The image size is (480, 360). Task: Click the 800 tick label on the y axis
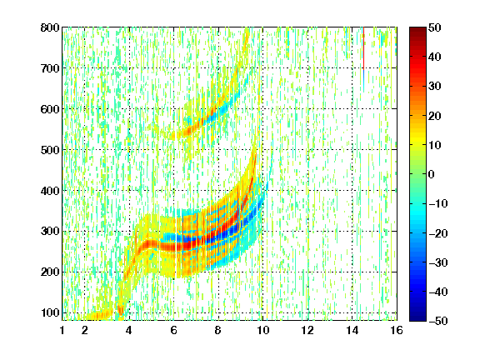pyautogui.click(x=50, y=27)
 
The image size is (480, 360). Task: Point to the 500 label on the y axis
pyautogui.click(x=50, y=150)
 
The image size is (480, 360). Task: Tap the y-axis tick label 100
pyautogui.click(x=50, y=312)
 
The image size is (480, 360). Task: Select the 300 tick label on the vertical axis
pyautogui.click(x=50, y=232)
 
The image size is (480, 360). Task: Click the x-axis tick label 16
pyautogui.click(x=397, y=330)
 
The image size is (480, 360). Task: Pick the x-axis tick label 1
pyautogui.click(x=62, y=330)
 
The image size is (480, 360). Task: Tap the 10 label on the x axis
pyautogui.click(x=262, y=330)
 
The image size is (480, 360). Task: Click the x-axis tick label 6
pyautogui.click(x=173, y=330)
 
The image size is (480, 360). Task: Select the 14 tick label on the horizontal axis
pyautogui.click(x=352, y=330)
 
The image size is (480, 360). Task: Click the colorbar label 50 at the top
pyautogui.click(x=435, y=27)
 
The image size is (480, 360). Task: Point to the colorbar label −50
pyautogui.click(x=438, y=321)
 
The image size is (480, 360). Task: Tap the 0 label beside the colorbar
pyautogui.click(x=432, y=174)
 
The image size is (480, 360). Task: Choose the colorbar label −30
pyautogui.click(x=438, y=262)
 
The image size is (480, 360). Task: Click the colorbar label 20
pyautogui.click(x=435, y=116)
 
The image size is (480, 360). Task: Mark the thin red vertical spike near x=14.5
pyautogui.click(x=363, y=48)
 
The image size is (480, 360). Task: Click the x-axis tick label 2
pyautogui.click(x=84, y=330)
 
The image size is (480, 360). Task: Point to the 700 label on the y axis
pyautogui.click(x=50, y=68)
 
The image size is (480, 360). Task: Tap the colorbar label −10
pyautogui.click(x=438, y=203)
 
